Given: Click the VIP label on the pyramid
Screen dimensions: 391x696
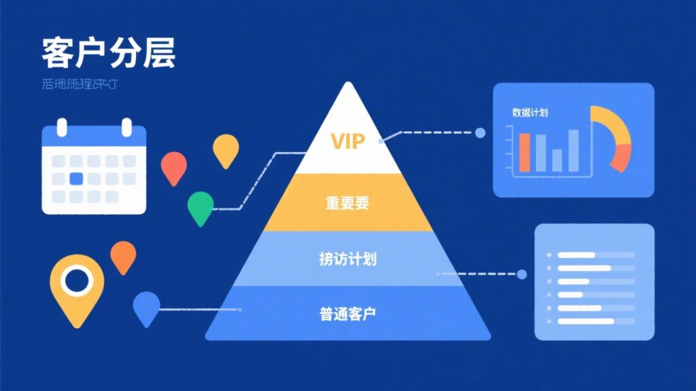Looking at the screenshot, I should (347, 141).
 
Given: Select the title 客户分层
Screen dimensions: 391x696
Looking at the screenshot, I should (108, 54).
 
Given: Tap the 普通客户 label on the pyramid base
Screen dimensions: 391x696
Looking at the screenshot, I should (347, 314).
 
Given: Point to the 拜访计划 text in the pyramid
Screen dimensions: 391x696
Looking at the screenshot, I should (347, 259).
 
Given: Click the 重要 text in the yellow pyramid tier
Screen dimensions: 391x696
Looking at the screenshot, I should (347, 202).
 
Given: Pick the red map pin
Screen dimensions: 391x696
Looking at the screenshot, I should (173, 166).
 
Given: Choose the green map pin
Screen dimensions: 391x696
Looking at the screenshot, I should (201, 206).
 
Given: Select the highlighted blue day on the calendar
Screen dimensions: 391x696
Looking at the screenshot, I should (76, 179).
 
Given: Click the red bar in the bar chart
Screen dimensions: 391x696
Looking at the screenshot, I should (524, 152).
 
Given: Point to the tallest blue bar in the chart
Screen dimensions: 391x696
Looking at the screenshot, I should (574, 150).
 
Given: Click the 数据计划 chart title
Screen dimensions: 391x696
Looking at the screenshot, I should (530, 113).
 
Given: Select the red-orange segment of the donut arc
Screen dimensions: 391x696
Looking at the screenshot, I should (621, 158).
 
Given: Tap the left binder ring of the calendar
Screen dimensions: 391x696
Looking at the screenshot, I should (62, 127).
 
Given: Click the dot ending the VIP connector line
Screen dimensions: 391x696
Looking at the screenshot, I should (480, 133).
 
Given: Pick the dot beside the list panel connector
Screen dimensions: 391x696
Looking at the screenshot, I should (521, 274).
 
